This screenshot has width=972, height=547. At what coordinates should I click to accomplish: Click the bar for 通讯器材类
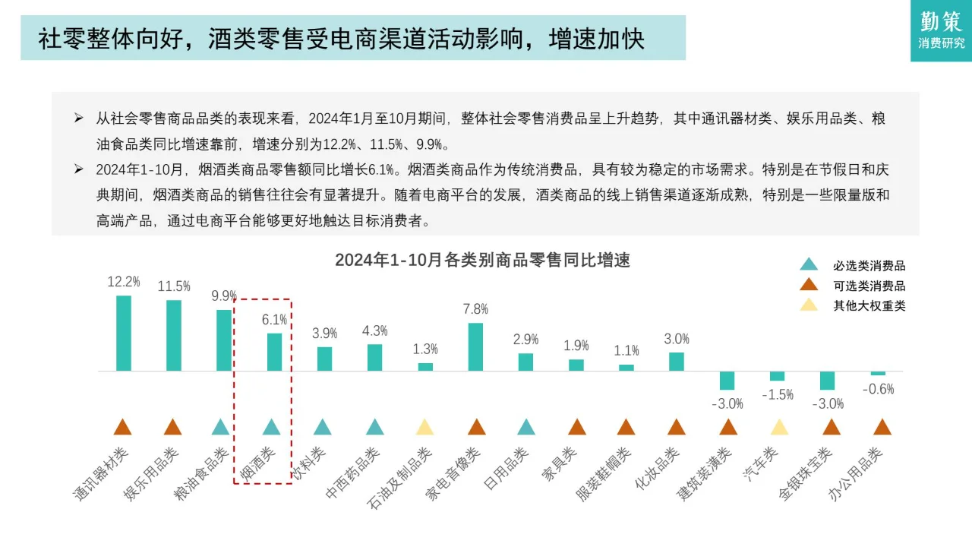123,333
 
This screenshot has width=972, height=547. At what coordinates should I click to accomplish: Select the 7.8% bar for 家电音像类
475,346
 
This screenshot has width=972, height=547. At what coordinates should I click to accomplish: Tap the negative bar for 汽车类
777,375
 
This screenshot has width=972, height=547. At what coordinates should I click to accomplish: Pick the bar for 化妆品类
677,361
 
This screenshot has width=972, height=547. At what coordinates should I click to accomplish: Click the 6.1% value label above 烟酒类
274,320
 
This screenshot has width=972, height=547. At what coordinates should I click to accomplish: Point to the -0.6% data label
878,389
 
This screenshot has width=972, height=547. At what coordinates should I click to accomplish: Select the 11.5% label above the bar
174,286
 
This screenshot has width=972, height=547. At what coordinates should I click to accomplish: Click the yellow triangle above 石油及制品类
424,427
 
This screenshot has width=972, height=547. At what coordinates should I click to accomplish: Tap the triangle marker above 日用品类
525,427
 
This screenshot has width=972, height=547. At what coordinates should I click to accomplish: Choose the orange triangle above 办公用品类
882,427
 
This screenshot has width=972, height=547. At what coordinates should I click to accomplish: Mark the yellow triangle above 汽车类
779,427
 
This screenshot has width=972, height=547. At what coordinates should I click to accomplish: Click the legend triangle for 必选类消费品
809,265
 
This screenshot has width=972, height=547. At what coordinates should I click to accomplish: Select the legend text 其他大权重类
869,305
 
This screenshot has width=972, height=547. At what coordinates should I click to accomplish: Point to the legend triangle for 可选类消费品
809,285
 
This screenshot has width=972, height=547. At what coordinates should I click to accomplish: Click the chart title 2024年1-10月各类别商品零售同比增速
482,260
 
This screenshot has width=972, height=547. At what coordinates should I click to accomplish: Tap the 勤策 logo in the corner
941,30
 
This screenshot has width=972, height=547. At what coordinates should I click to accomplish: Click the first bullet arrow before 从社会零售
78,119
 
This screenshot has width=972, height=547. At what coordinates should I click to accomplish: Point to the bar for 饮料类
324,359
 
